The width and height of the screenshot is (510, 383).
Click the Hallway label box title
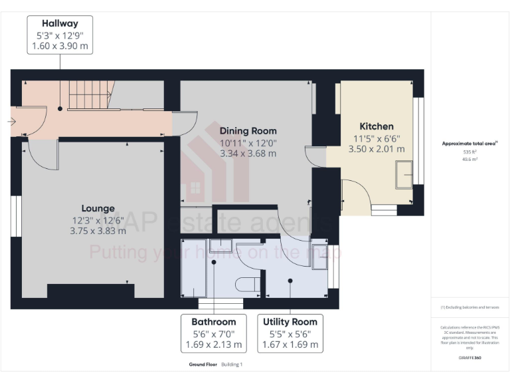[x=60, y=23]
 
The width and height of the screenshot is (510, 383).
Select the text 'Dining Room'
[x=248, y=130]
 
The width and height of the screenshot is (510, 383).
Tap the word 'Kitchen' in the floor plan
[x=377, y=126]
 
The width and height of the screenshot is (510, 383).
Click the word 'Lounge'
[x=98, y=208]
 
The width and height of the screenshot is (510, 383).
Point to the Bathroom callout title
[x=214, y=321]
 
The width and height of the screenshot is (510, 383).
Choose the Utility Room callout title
[x=290, y=321]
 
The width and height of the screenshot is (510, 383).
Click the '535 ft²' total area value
[x=469, y=152]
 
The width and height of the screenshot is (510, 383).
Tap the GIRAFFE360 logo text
[x=469, y=358]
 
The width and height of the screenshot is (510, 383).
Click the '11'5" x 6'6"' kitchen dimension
[x=377, y=138]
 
